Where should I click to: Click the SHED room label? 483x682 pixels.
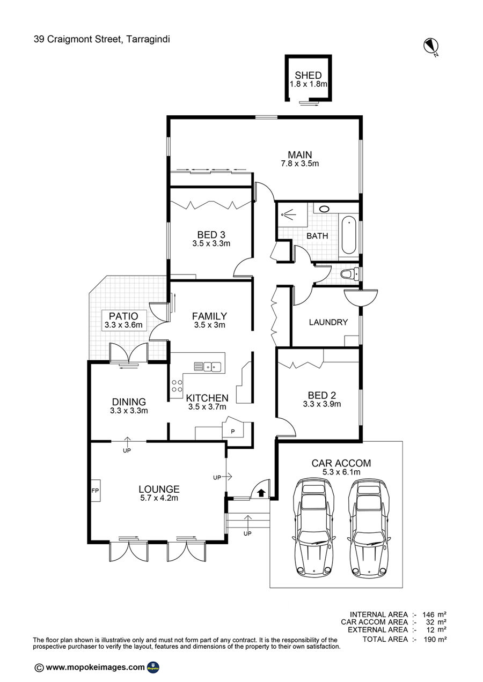click(308, 75)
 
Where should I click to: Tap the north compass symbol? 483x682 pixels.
click(430, 46)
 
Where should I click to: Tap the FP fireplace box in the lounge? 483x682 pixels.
click(96, 490)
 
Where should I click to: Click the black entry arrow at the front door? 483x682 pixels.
click(262, 492)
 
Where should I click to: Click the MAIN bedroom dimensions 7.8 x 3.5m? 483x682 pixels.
click(300, 164)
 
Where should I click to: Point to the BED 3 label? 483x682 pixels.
click(211, 235)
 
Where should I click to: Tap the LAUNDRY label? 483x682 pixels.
click(328, 322)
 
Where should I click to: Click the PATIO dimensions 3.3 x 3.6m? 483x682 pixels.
click(123, 325)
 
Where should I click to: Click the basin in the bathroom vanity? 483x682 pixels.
click(324, 209)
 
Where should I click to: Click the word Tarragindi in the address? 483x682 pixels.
click(148, 39)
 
